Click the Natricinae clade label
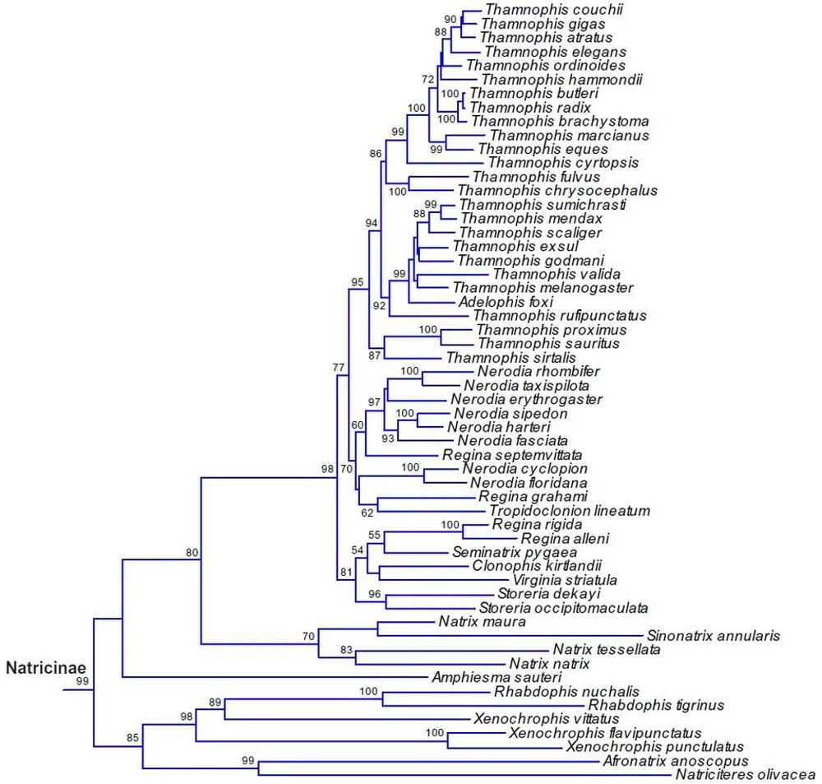[48, 667]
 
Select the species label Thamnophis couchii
[554, 10]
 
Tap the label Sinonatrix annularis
[713, 636]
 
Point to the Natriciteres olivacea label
[745, 774]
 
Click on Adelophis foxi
[494, 302]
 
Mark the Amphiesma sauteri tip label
[485, 677]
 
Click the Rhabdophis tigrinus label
[655, 705]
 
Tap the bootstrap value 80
[192, 553]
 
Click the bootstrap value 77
[338, 367]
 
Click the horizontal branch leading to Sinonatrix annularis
[510, 636]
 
